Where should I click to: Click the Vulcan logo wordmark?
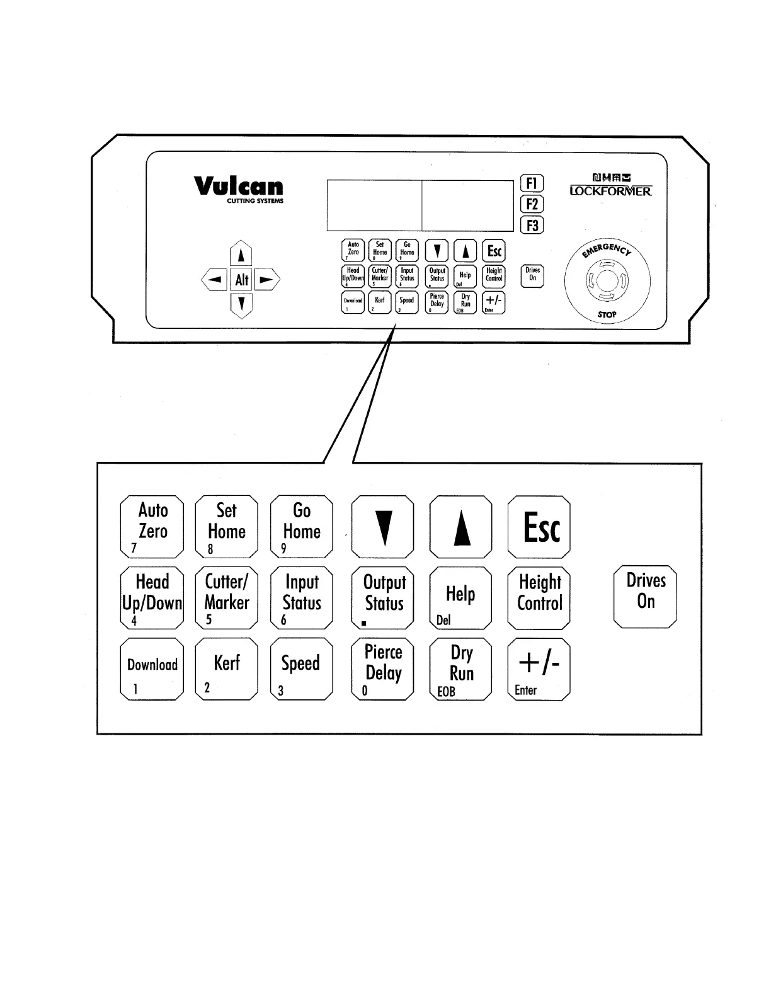pyautogui.click(x=239, y=186)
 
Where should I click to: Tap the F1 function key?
pyautogui.click(x=532, y=183)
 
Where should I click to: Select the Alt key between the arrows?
pyautogui.click(x=242, y=280)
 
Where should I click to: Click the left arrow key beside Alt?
pyautogui.click(x=215, y=280)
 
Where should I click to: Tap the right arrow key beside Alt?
pyautogui.click(x=267, y=280)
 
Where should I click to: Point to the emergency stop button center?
pyautogui.click(x=607, y=281)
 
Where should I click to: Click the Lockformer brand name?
pyautogui.click(x=610, y=190)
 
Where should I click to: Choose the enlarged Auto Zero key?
pyautogui.click(x=152, y=527)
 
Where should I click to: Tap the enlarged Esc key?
pyautogui.click(x=539, y=527)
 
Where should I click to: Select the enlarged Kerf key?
pyautogui.click(x=227, y=669)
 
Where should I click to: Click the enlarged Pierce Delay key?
pyautogui.click(x=382, y=669)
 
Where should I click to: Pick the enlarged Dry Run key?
pyautogui.click(x=460, y=669)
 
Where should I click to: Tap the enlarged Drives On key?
pyautogui.click(x=645, y=596)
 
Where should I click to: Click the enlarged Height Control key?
pyautogui.click(x=539, y=598)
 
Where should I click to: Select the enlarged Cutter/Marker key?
pyautogui.click(x=227, y=598)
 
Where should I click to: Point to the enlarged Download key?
pyautogui.click(x=152, y=669)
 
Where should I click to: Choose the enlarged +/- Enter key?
pyautogui.click(x=539, y=669)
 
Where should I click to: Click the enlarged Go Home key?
pyautogui.click(x=302, y=527)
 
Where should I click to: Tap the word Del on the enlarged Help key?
pyautogui.click(x=443, y=620)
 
